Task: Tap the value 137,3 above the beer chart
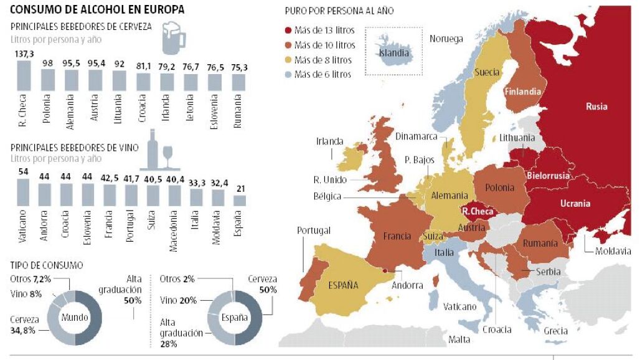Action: [24, 54]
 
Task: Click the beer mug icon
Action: [174, 39]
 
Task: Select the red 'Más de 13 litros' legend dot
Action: [288, 30]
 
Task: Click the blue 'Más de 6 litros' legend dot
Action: [288, 75]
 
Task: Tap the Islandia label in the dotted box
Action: [394, 53]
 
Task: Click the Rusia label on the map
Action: [596, 107]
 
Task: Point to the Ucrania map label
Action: [575, 203]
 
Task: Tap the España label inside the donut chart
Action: [235, 318]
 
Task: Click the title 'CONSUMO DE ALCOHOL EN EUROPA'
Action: [97, 10]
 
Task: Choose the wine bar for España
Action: [239, 200]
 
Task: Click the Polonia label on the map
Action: [500, 187]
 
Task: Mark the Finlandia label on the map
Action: [522, 92]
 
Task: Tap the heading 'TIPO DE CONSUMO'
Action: [47, 265]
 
